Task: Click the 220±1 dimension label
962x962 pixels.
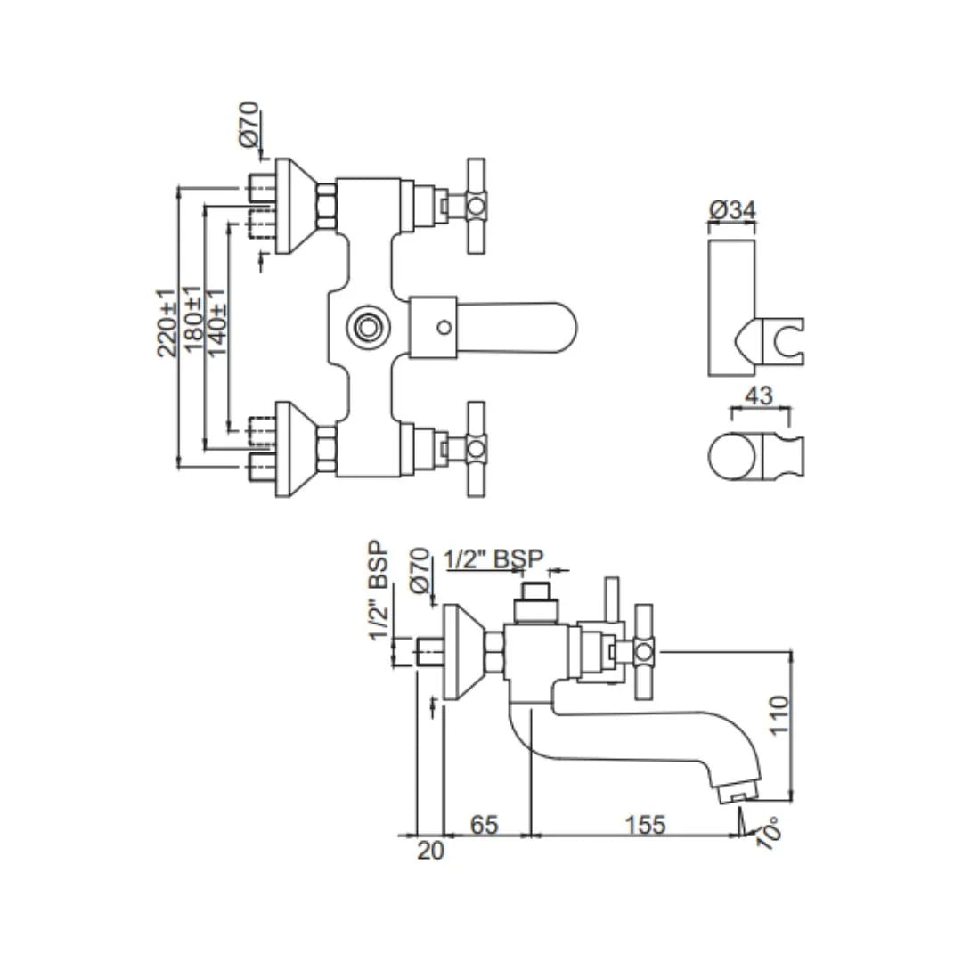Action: click(x=167, y=322)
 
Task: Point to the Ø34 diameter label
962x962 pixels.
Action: click(x=732, y=210)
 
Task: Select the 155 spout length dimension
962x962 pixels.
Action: click(x=645, y=825)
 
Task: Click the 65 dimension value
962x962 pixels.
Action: click(x=484, y=825)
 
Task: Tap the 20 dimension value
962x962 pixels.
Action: click(x=430, y=851)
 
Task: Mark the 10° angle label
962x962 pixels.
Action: click(x=768, y=833)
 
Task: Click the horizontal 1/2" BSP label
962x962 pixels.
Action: click(x=493, y=558)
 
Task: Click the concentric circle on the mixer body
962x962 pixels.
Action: click(x=365, y=326)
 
